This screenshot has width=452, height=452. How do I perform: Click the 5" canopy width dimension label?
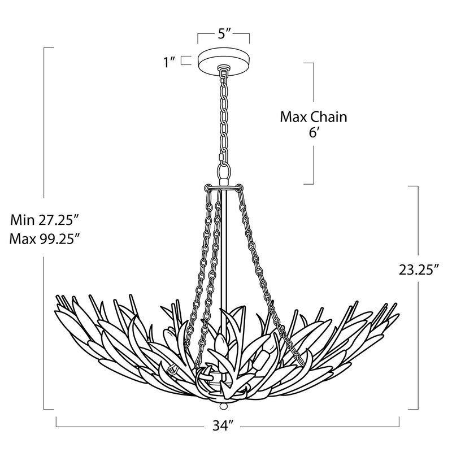pyautogui.click(x=223, y=33)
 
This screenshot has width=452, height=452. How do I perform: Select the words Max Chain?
pyautogui.click(x=313, y=118)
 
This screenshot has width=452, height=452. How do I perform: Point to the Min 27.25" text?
pyautogui.click(x=44, y=220)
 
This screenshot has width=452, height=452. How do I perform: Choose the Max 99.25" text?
pyautogui.click(x=44, y=238)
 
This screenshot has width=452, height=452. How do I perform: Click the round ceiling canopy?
pyautogui.click(x=223, y=59)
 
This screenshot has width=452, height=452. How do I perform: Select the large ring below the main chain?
pyautogui.click(x=224, y=172)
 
